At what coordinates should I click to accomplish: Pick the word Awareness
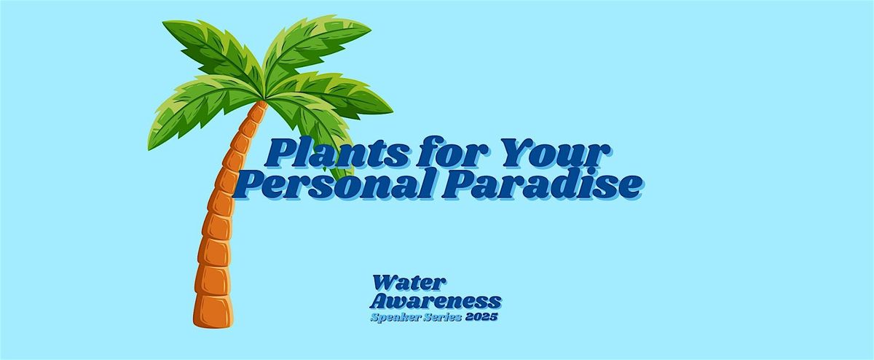(x=436, y=300)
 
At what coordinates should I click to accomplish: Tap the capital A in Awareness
(x=381, y=300)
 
